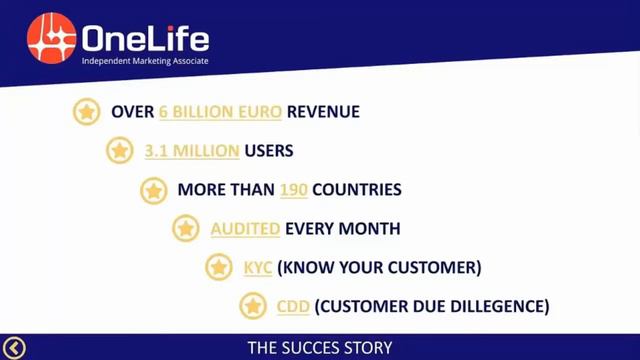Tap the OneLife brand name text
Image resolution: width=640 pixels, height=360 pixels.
pyautogui.click(x=146, y=39)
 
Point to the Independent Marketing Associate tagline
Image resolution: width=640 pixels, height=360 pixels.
pyautogui.click(x=144, y=62)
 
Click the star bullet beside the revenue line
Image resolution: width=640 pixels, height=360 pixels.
pyautogui.click(x=87, y=112)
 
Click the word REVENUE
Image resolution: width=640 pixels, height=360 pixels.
pyautogui.click(x=322, y=112)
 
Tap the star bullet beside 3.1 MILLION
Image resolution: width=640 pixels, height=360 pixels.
pyautogui.click(x=120, y=151)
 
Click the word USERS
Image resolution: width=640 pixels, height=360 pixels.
pyautogui.click(x=269, y=151)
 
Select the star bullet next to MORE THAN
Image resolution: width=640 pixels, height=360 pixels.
pyautogui.click(x=153, y=190)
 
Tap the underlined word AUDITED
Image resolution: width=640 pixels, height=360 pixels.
pyautogui.click(x=245, y=229)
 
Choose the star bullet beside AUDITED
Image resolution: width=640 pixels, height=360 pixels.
pyautogui.click(x=186, y=229)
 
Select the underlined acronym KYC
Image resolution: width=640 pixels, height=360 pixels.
pyautogui.click(x=258, y=268)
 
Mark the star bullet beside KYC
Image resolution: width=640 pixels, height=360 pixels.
pyautogui.click(x=219, y=268)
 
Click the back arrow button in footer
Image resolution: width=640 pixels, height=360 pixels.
pyautogui.click(x=14, y=348)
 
